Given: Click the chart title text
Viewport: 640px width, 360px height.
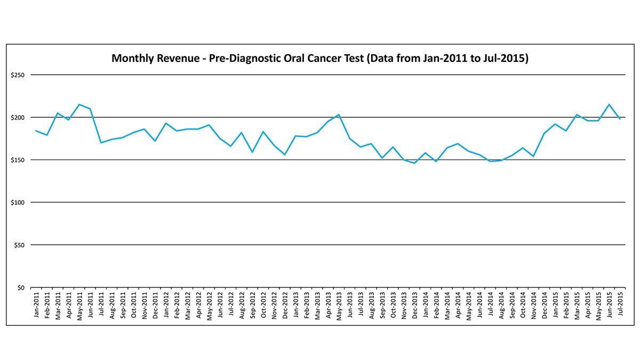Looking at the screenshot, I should pos(319,58).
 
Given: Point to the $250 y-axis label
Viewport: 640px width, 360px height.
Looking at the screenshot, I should pos(18,75).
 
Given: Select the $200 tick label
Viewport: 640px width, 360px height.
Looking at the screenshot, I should pos(18,117).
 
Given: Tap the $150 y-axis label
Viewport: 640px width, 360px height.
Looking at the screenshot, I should pos(18,160).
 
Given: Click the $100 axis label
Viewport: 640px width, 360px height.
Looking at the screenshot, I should pos(18,203).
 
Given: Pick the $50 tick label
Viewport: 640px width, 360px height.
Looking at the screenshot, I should pos(20,245).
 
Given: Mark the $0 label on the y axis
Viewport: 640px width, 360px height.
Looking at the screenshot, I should pos(21,288).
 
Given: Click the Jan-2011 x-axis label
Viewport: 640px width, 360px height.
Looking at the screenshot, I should pos(36,305).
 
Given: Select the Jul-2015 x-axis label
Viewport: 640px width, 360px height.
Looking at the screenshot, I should pos(620,305).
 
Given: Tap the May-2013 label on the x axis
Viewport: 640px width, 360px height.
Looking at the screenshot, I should pos(339,305).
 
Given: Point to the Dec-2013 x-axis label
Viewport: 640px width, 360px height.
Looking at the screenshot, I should pos(415,305).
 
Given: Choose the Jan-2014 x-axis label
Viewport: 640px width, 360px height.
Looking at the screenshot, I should pos(426,305).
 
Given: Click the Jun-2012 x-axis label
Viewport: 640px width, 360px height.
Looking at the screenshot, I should pos(220,305).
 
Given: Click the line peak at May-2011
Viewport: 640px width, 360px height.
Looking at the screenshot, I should pos(79,105).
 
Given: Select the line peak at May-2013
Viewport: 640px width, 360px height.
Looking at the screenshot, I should pos(339,115).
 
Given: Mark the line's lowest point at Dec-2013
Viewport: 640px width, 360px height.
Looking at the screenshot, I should pos(415,163).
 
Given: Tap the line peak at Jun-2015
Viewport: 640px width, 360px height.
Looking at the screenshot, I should pos(610,105).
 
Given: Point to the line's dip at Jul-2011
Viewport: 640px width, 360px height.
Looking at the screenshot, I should pos(101,143).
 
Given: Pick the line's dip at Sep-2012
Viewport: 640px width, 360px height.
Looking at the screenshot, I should pos(252,153).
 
